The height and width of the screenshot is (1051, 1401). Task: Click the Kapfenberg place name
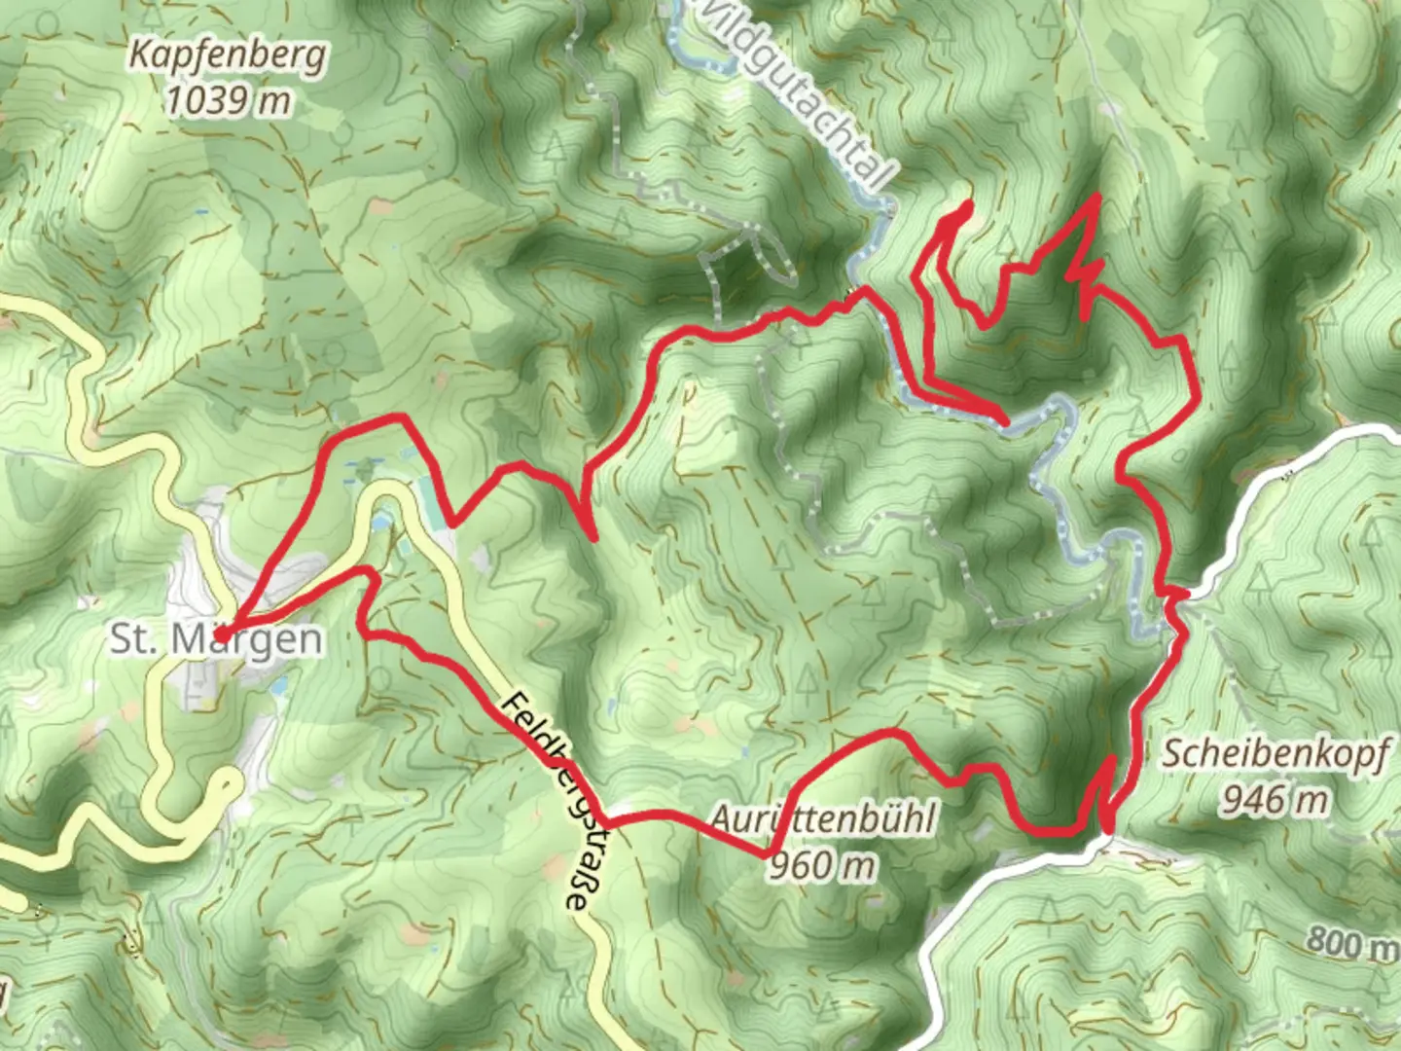228,56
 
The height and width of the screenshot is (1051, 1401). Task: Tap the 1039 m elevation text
228,99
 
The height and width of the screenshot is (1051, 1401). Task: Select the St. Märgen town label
216,639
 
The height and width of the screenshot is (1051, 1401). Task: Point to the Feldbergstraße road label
549,801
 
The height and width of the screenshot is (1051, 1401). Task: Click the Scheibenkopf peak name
1275,754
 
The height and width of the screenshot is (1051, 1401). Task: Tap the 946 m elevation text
1275,799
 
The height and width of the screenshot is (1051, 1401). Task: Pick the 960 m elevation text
822,864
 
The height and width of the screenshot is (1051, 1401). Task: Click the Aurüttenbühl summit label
822,819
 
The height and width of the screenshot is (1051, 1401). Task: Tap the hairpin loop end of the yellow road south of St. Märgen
230,781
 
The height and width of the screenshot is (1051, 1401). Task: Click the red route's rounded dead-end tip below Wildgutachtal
966,206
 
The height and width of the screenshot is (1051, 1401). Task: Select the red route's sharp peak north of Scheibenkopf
1097,198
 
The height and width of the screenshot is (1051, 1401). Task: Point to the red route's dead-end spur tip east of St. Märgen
592,536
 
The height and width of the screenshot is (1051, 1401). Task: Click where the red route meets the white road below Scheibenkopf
1109,829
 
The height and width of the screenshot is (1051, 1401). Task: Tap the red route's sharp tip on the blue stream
1004,420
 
